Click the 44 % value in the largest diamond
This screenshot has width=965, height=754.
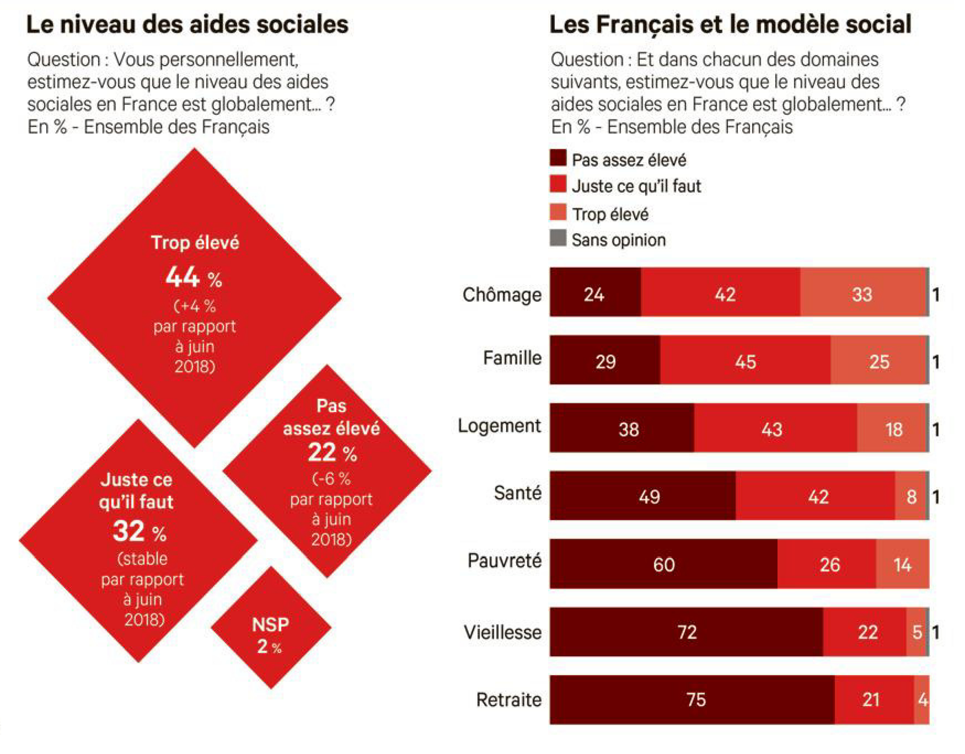point(193,278)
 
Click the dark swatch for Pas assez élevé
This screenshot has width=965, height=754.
point(558,158)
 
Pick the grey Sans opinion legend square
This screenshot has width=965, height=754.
point(558,238)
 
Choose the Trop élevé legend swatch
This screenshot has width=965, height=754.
point(558,212)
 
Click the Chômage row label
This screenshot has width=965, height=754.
point(502,295)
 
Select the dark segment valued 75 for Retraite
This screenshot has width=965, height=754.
point(692,700)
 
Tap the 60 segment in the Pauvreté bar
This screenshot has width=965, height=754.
point(664,565)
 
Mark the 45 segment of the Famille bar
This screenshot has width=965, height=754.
point(745,362)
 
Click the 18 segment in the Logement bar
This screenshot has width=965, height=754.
point(893,429)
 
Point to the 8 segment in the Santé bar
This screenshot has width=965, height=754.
point(911,497)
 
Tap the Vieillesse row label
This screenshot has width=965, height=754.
point(503,633)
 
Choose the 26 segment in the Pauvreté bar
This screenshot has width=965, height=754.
point(827,565)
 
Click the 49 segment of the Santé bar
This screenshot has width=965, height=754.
point(643,497)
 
